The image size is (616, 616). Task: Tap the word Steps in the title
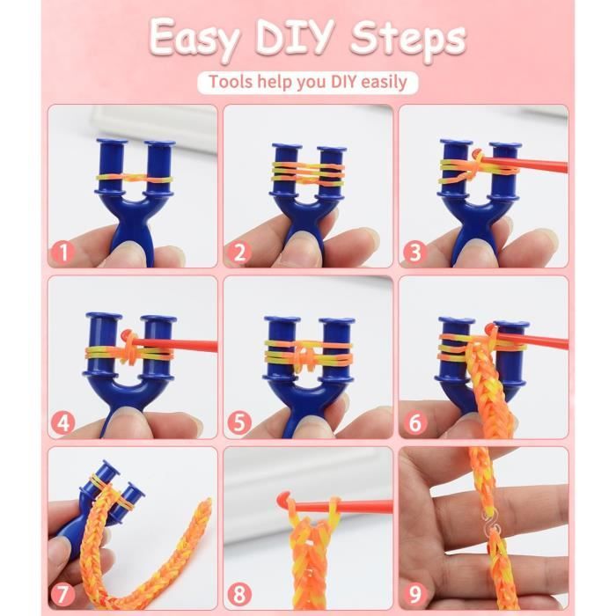point(407,40)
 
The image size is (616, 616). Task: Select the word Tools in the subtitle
point(231,81)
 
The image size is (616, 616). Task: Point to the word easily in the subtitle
point(384,83)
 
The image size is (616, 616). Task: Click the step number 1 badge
point(63,252)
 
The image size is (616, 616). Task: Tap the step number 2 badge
point(239,252)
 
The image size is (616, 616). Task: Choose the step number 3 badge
point(415,252)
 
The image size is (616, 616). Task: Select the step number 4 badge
point(63,422)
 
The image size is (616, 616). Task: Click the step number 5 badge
point(239,422)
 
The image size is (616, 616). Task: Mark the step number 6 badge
point(415,422)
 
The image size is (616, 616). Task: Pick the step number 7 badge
point(63,594)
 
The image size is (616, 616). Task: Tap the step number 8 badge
point(239,594)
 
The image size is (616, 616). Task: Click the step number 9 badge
point(415,594)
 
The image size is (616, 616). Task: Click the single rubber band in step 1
point(135,179)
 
